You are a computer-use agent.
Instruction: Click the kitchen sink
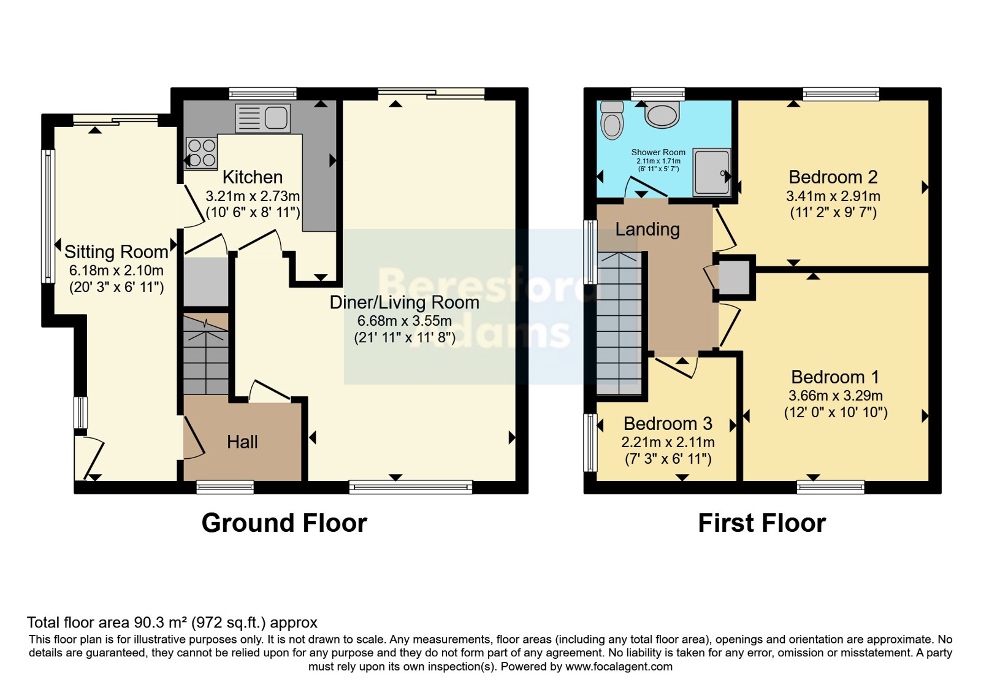[263, 118]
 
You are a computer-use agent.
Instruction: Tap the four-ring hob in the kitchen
[202, 153]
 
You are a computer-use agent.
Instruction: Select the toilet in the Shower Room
[611, 120]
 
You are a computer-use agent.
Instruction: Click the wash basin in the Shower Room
[662, 115]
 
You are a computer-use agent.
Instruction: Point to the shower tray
[712, 172]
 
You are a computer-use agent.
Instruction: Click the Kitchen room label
[253, 177]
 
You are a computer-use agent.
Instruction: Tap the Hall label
[242, 442]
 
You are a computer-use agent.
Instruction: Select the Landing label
[647, 229]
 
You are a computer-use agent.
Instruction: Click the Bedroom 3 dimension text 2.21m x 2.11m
[668, 442]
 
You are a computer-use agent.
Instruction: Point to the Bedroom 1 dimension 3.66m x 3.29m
[836, 396]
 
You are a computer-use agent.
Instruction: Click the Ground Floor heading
[284, 523]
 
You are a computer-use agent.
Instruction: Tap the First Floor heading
[762, 523]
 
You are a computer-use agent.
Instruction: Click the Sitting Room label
[116, 252]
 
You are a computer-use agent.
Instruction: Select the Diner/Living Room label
[404, 303]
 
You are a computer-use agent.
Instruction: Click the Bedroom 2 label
[833, 177]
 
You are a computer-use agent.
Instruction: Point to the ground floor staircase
[206, 354]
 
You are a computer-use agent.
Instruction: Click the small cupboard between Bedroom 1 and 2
[735, 277]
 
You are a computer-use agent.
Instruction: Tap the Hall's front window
[225, 487]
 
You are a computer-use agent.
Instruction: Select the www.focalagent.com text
[619, 667]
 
